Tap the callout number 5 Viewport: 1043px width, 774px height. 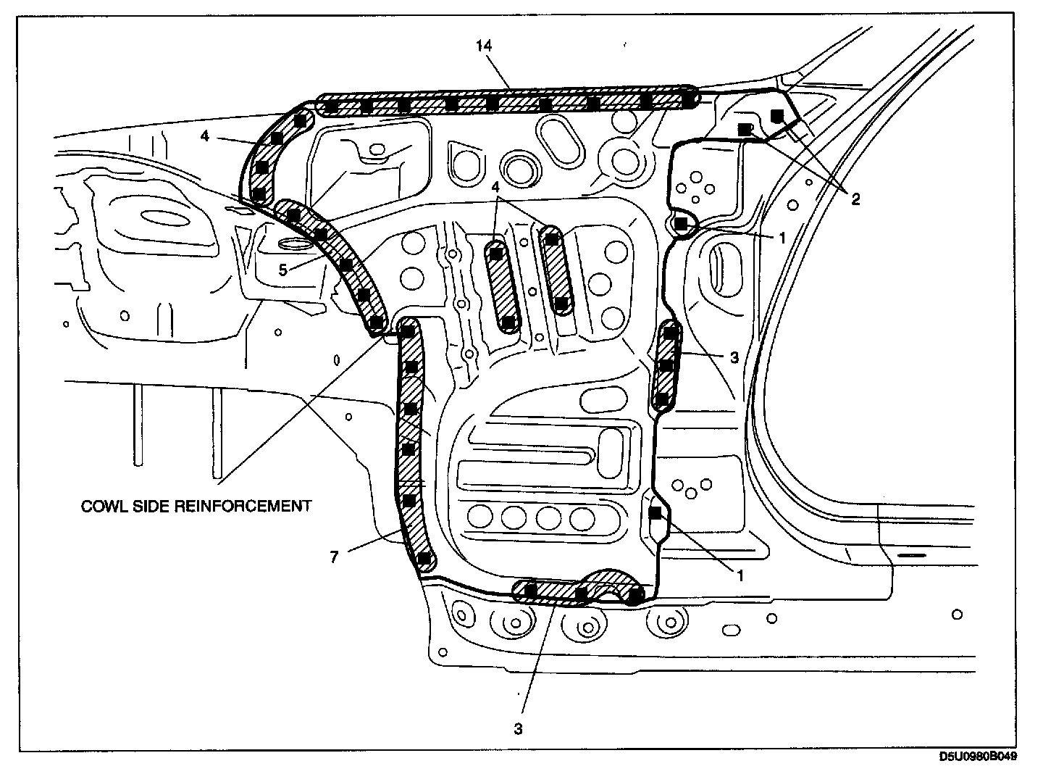click(283, 270)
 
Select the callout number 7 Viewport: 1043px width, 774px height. click(335, 556)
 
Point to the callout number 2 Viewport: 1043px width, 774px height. click(855, 199)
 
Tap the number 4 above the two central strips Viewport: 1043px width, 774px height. click(495, 187)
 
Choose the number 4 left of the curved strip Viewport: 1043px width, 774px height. click(206, 136)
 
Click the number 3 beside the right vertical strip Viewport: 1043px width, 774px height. click(734, 357)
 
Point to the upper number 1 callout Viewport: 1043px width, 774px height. click(782, 238)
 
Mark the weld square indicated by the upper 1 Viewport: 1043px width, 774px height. click(680, 224)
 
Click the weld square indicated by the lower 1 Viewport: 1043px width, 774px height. click(655, 513)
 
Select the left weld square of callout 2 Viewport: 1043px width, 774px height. click(744, 129)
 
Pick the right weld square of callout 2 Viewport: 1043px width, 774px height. click(777, 115)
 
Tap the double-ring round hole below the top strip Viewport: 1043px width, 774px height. click(520, 167)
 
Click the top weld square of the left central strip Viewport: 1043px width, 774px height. click(496, 254)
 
